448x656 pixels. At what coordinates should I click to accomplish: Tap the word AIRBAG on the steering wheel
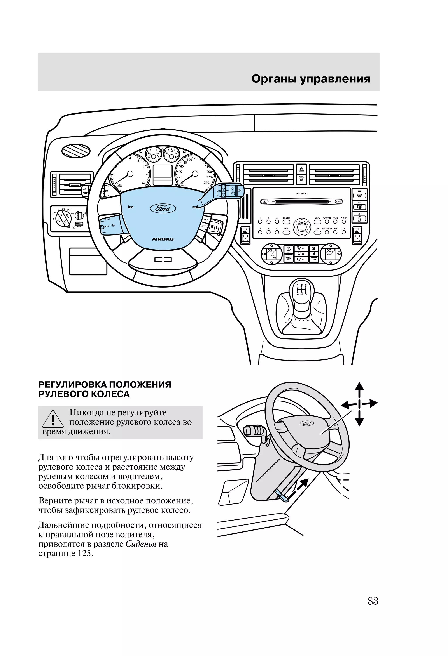[163, 239]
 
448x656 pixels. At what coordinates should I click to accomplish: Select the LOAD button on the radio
[339, 201]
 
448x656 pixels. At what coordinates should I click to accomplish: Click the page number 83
[373, 601]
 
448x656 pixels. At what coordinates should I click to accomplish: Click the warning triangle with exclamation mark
[53, 420]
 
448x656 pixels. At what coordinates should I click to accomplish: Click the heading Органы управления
[311, 79]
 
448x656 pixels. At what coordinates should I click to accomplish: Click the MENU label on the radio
[286, 229]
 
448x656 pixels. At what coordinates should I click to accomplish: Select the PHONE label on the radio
[344, 218]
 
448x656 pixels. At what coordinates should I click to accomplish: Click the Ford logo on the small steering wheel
[307, 423]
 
